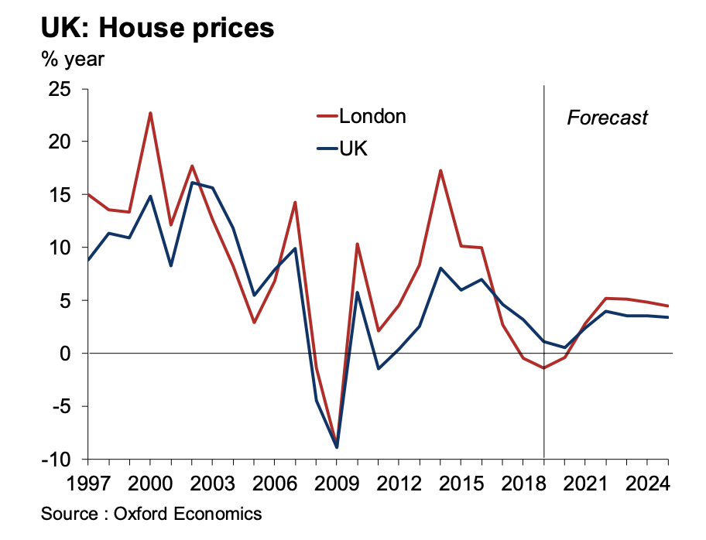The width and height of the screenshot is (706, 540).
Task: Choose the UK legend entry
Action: pos(353,149)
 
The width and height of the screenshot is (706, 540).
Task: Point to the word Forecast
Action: pos(607,118)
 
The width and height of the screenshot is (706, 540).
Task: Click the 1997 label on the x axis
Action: pos(87,484)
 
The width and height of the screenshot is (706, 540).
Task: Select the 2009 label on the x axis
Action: pos(337,484)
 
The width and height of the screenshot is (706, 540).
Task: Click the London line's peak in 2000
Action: pos(150,113)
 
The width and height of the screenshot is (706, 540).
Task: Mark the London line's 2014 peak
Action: pos(440,170)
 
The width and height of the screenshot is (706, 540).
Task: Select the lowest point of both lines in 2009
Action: pos(337,446)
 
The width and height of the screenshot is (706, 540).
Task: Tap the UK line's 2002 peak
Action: pos(192,183)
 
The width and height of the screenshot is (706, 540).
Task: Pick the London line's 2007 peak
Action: pos(295,203)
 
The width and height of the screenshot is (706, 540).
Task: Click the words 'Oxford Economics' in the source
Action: pos(188,514)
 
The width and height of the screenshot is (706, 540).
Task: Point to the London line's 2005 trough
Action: pos(254,322)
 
